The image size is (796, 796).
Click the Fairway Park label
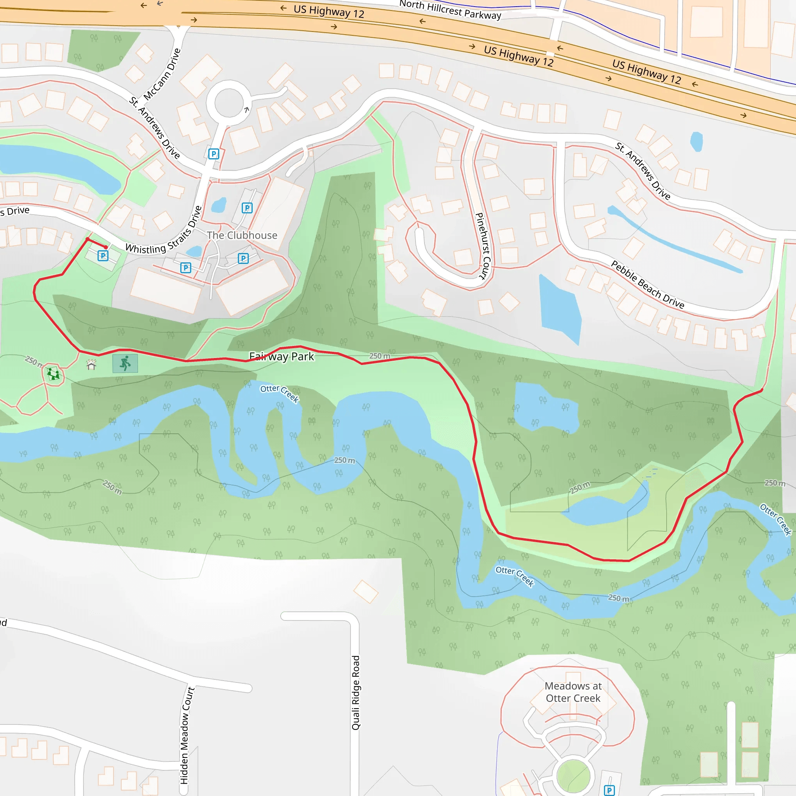tap(281, 356)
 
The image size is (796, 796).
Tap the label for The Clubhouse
tap(242, 235)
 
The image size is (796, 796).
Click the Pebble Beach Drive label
tap(647, 284)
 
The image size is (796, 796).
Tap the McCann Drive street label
tap(162, 74)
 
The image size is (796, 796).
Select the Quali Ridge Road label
tap(356, 693)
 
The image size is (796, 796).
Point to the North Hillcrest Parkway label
tap(450, 10)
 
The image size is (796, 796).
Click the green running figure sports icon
tap(125, 363)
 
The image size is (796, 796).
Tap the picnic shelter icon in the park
tap(91, 365)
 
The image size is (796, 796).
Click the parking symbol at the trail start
tap(103, 256)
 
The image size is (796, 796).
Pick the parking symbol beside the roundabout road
tap(213, 154)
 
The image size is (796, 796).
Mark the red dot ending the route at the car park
tap(106, 247)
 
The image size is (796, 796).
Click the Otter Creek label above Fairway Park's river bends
tap(279, 393)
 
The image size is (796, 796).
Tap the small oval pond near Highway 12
tap(696, 141)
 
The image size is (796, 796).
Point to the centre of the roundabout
tap(229, 102)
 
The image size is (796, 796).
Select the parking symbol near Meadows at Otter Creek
tap(609, 790)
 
